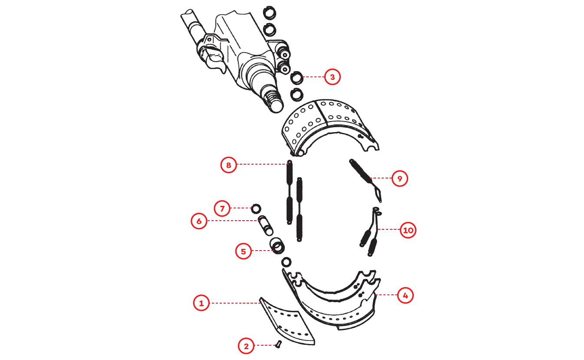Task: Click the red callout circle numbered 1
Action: (x=201, y=303)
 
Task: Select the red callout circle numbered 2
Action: (x=246, y=346)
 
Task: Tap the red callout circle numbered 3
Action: (x=333, y=77)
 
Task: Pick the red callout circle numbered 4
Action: (x=406, y=295)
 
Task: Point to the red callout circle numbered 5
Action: (x=243, y=251)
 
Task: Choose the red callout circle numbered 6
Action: (x=199, y=221)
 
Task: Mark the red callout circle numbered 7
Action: (x=222, y=208)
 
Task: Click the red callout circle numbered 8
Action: (x=229, y=165)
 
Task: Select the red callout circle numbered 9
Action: (x=399, y=178)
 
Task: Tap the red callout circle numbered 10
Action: (x=408, y=230)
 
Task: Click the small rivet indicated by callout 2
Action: (x=278, y=344)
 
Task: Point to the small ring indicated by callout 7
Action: (x=256, y=209)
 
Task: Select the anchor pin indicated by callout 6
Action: (x=266, y=225)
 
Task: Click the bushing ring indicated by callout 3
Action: (x=297, y=78)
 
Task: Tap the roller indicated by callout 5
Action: (x=277, y=245)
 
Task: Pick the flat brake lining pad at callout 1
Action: (x=287, y=321)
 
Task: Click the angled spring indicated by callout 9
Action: (x=366, y=180)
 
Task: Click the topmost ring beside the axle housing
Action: (x=270, y=13)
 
